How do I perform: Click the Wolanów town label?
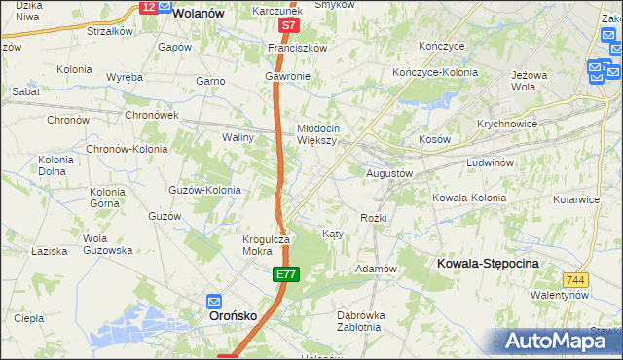point(199,14)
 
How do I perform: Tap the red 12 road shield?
point(148,7)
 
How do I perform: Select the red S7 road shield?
point(287,26)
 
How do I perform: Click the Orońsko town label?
point(235,316)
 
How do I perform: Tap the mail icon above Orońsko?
point(214,301)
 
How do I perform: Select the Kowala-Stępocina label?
point(489,264)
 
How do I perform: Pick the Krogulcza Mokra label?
point(265,244)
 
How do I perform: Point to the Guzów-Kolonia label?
point(204,190)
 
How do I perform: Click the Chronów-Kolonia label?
point(127,149)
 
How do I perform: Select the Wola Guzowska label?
point(107,244)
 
